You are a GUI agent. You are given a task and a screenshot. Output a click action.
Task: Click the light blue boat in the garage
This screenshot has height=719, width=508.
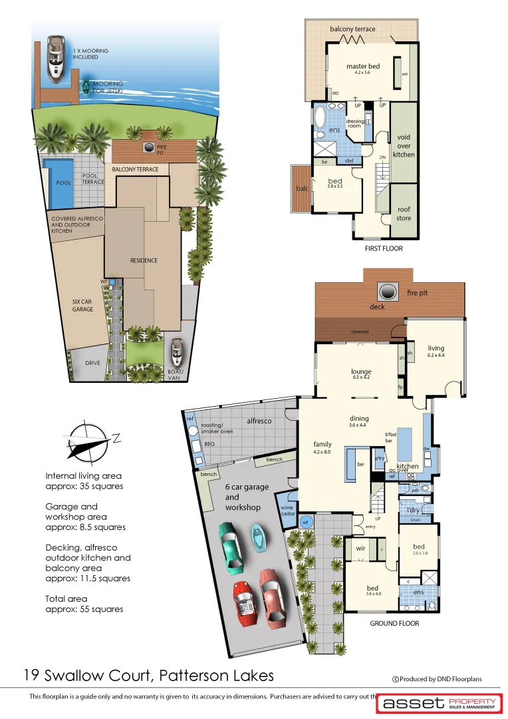[x=257, y=533]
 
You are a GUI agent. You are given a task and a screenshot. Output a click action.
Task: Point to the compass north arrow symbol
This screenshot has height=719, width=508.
[x=88, y=441]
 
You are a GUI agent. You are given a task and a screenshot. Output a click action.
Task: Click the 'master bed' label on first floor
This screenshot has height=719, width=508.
[x=363, y=67]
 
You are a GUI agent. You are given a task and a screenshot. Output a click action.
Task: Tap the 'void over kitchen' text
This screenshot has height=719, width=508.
[x=404, y=146]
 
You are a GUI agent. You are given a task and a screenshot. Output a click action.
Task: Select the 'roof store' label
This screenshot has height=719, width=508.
[x=404, y=214]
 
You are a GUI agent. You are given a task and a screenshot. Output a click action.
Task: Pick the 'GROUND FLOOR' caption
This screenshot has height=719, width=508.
[x=394, y=624]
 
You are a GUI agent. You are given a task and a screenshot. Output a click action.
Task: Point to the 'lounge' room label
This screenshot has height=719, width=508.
[x=361, y=372]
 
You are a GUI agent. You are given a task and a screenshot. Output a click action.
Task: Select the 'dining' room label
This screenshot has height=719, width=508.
[x=358, y=419]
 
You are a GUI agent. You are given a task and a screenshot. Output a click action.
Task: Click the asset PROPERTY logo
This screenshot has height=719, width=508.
[x=438, y=703]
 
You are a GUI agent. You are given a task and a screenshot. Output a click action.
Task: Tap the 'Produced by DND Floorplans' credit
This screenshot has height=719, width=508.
[x=441, y=679]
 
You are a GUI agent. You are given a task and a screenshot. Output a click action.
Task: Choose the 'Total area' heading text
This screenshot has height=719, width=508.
[x=66, y=599]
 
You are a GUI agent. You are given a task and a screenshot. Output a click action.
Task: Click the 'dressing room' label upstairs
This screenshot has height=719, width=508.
[x=355, y=124]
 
